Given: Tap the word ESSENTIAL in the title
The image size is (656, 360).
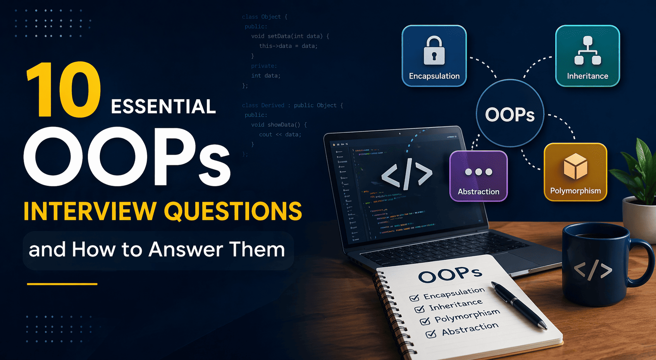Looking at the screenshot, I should [x=163, y=107].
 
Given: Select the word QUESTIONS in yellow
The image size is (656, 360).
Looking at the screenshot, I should [x=233, y=211].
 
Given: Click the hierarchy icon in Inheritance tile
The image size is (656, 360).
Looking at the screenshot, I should [x=587, y=51].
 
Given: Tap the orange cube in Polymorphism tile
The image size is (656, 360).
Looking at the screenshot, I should [x=575, y=166].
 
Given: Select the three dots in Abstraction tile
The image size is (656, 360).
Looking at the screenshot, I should [x=479, y=172].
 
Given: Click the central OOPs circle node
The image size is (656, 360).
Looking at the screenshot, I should [x=510, y=114].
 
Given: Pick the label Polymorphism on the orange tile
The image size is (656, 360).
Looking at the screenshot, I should [x=575, y=191].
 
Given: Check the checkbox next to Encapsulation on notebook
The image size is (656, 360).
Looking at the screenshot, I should [x=414, y=298].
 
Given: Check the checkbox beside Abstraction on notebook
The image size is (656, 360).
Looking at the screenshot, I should [x=431, y=334].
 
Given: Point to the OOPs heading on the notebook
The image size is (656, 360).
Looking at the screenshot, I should [x=450, y=274].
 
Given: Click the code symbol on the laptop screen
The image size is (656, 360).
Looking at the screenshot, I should [x=407, y=175].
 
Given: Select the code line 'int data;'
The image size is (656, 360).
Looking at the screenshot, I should [x=266, y=76].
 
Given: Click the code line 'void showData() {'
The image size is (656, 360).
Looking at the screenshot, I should [x=279, y=125].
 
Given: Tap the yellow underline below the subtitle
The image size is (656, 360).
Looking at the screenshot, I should [x=62, y=284].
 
